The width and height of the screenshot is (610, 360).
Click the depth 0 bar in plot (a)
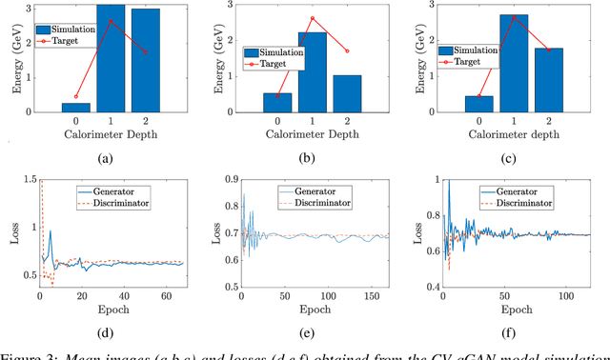click(77, 109)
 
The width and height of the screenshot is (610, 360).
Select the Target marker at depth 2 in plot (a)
click(146, 53)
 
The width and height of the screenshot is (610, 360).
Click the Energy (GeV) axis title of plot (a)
click(12, 60)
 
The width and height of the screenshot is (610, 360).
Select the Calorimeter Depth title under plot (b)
click(312, 136)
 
